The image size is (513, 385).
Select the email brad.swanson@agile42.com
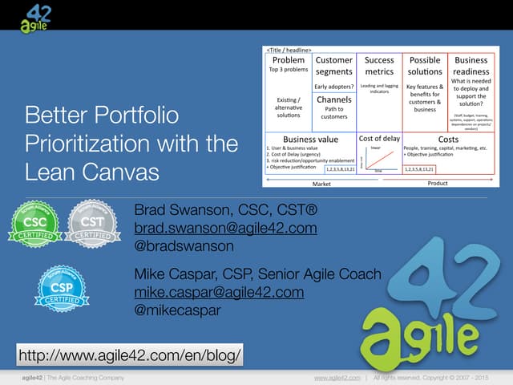tap(225, 229)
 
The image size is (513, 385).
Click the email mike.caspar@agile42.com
tap(219, 292)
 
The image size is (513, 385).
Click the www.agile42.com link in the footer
tap(336, 377)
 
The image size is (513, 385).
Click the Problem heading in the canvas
tap(288, 59)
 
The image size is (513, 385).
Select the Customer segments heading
tap(334, 65)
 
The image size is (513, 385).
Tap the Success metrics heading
tap(379, 65)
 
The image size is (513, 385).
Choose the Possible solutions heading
tap(425, 65)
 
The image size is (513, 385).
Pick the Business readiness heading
tap(471, 65)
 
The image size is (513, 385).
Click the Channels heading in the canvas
tap(334, 100)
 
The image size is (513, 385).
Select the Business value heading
tap(311, 139)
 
